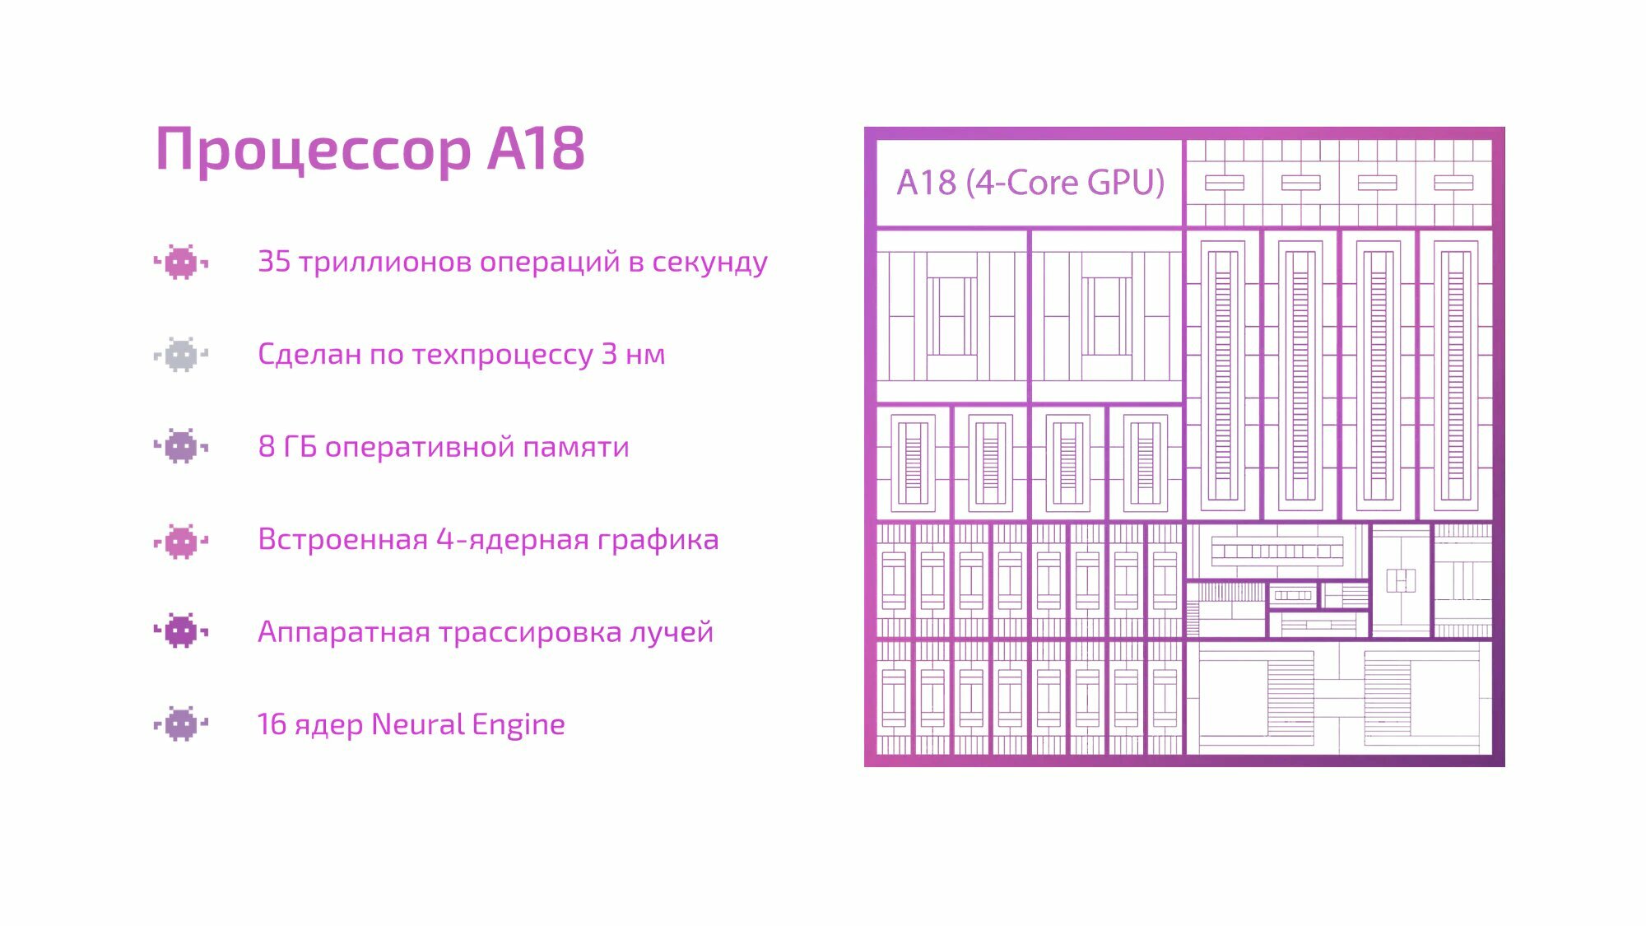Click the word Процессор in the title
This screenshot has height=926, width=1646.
pyautogui.click(x=313, y=150)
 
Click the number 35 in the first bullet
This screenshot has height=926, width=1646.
pyautogui.click(x=274, y=261)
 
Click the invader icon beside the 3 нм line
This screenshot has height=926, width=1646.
pyautogui.click(x=181, y=355)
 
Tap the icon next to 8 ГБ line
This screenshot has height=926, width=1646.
pyautogui.click(x=181, y=446)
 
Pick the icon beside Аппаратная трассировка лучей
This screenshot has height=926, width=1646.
pyautogui.click(x=181, y=631)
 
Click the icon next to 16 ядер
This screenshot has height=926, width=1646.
pyautogui.click(x=181, y=724)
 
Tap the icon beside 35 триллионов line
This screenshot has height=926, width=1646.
pyautogui.click(x=181, y=263)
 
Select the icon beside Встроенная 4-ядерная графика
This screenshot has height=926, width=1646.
pyautogui.click(x=181, y=541)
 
